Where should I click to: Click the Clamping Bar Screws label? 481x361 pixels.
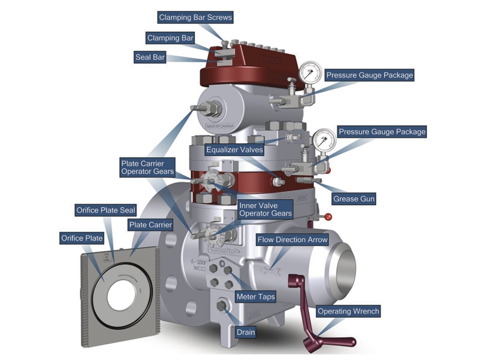click(195, 17)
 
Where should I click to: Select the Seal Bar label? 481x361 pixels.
click(150, 58)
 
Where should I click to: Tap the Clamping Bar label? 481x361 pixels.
click(171, 38)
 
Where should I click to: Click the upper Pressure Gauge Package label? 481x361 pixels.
click(370, 75)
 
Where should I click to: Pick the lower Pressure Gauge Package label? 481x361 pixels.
click(382, 131)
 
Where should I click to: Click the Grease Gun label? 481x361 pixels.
click(354, 199)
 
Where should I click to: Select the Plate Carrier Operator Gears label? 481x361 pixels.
click(147, 167)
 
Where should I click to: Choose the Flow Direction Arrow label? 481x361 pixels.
click(293, 239)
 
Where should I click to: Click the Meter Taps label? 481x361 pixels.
click(255, 297)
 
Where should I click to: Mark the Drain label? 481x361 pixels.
click(245, 332)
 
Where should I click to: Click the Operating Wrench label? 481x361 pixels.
click(348, 312)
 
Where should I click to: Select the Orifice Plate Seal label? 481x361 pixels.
click(106, 210)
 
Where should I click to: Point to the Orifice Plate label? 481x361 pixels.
click(82, 238)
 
